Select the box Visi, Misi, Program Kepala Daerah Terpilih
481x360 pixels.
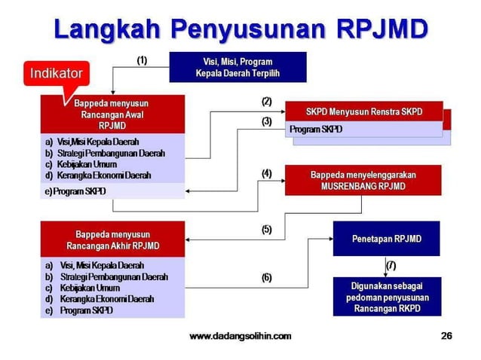tap(237, 67)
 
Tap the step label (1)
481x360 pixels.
tap(142, 58)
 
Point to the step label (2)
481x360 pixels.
tap(266, 101)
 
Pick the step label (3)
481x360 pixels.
tap(266, 121)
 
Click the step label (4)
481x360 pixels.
tap(266, 173)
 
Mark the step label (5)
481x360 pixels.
tap(266, 230)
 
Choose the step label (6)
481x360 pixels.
tap(266, 277)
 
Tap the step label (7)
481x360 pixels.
tap(391, 265)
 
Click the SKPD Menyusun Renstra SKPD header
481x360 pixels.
tap(363, 111)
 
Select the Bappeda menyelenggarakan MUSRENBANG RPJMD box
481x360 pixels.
tap(363, 180)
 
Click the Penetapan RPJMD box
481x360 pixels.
tap(386, 239)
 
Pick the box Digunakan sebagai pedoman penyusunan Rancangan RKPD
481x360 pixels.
tap(386, 297)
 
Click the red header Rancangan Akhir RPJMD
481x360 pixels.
tap(112, 239)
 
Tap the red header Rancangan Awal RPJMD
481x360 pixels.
tap(112, 114)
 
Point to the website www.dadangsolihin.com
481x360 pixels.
tap(240, 336)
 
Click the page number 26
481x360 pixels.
tap(446, 336)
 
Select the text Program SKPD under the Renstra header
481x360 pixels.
tap(316, 130)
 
